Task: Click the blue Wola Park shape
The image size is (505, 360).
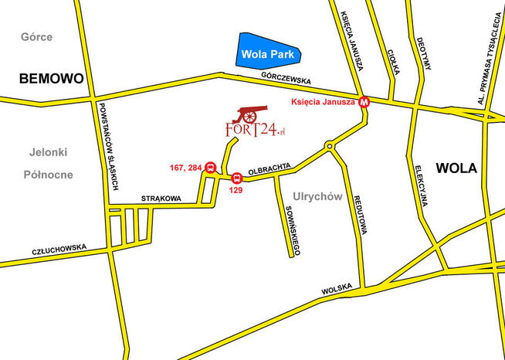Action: [268, 53]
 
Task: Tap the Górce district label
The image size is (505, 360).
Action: [36, 36]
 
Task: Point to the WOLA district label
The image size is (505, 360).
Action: [456, 168]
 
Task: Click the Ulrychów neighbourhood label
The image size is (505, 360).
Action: [317, 197]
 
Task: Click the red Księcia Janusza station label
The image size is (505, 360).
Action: [323, 101]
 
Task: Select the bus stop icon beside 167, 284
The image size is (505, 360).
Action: [210, 168]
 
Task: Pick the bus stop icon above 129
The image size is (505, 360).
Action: [236, 178]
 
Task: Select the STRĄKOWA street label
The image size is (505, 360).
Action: [161, 199]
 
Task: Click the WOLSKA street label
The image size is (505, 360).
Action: [337, 289]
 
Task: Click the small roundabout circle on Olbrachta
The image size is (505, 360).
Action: [330, 144]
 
